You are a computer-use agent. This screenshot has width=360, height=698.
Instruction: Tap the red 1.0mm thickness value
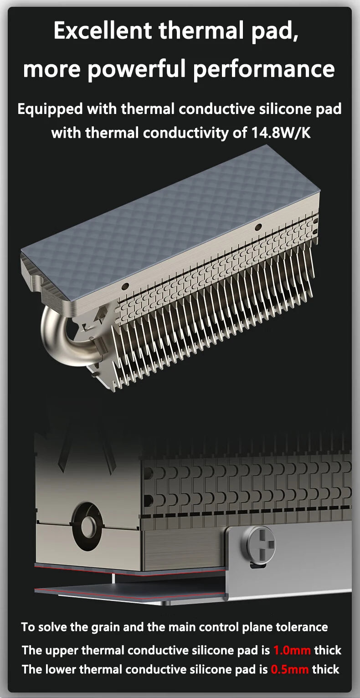click(292, 650)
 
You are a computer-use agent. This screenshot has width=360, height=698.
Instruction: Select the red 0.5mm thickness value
click(289, 669)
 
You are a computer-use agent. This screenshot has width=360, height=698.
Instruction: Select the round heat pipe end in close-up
click(87, 527)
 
